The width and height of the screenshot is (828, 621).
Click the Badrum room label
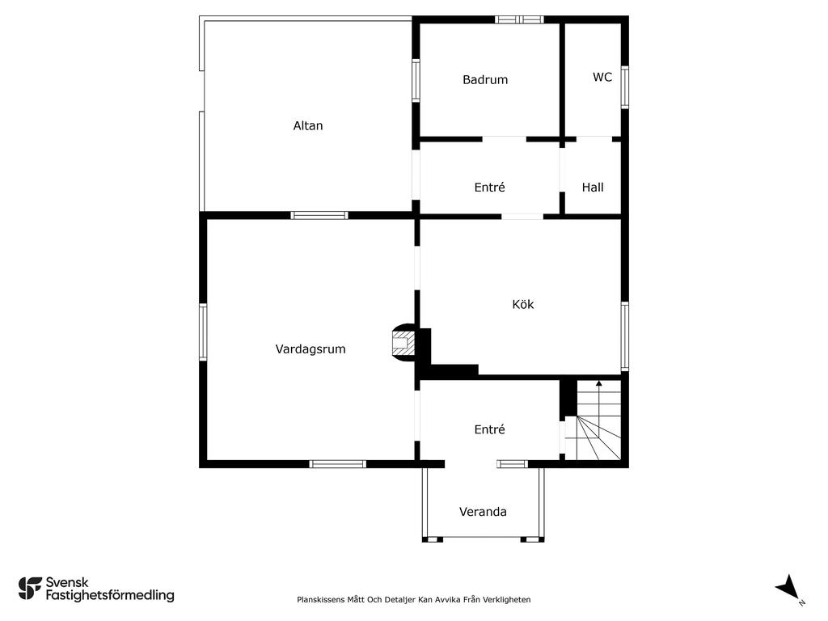[485, 80]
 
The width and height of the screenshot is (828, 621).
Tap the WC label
[602, 77]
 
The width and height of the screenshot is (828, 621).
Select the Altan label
[308, 125]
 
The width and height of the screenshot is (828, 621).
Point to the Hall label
[593, 188]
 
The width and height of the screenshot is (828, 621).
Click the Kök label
[523, 304]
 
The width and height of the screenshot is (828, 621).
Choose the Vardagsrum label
[310, 349]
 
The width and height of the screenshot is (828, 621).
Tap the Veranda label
[483, 512]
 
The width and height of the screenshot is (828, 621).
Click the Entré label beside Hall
[489, 187]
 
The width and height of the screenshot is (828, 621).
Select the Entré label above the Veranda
[489, 429]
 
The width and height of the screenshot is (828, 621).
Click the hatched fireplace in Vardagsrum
[403, 342]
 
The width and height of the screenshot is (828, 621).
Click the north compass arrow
[788, 587]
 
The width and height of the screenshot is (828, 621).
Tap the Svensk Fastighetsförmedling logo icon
[30, 589]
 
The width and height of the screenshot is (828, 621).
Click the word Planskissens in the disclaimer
[320, 599]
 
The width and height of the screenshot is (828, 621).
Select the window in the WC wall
[625, 87]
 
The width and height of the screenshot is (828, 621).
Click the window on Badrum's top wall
[520, 20]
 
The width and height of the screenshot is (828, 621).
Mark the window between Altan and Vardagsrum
[319, 215]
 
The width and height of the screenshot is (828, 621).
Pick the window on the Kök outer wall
[625, 336]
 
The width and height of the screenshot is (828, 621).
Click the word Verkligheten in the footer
[509, 599]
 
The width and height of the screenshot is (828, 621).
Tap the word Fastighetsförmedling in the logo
[110, 596]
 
